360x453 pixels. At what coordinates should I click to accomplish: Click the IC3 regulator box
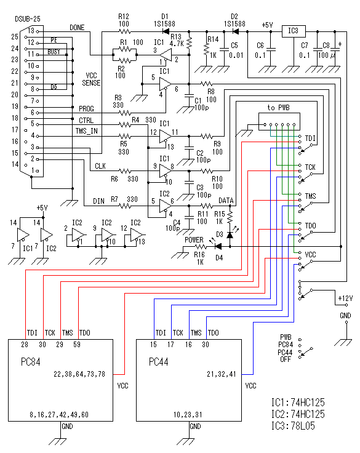pyautogui.click(x=294, y=31)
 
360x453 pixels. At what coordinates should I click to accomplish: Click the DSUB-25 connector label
pyautogui.click(x=28, y=19)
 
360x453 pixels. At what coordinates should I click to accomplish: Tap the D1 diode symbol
pyautogui.click(x=166, y=31)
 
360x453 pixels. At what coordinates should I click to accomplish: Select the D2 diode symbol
pyautogui.click(x=236, y=31)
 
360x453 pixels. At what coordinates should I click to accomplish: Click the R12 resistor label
pyautogui.click(x=124, y=17)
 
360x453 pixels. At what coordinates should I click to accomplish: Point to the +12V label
pyautogui.click(x=345, y=298)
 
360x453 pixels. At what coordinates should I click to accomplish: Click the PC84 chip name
pyautogui.click(x=30, y=362)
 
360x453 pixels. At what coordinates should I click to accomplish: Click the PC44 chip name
pyautogui.click(x=158, y=362)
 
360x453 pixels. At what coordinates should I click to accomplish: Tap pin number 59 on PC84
pyautogui.click(x=77, y=345)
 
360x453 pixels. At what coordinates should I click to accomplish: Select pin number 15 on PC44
pyautogui.click(x=153, y=345)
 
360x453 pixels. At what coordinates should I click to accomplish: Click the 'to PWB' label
pyautogui.click(x=278, y=108)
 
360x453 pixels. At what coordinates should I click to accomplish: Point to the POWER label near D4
pyautogui.click(x=194, y=240)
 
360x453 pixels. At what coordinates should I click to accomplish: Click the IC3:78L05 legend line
pyautogui.click(x=293, y=426)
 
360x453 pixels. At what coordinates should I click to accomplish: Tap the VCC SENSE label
pyautogui.click(x=91, y=79)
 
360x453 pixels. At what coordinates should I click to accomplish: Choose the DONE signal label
pyautogui.click(x=77, y=28)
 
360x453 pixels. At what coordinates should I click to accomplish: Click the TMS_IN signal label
pyautogui.click(x=86, y=131)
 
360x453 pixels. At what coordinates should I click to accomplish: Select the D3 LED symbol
pyautogui.click(x=230, y=235)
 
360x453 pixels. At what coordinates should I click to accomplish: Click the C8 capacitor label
pyautogui.click(x=326, y=46)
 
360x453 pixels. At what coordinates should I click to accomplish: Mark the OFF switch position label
pyautogui.click(x=286, y=359)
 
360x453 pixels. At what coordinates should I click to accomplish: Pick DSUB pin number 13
pyautogui.click(x=31, y=31)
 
